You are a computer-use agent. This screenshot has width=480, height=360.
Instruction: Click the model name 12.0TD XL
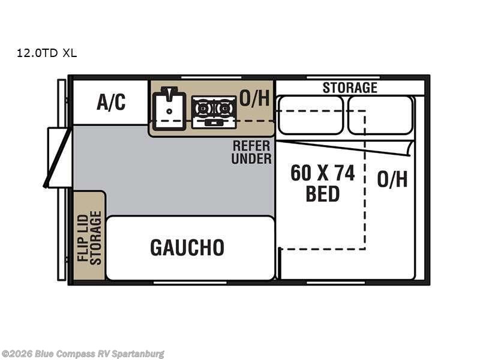pos(47,53)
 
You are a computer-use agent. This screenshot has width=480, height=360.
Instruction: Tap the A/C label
pos(111,102)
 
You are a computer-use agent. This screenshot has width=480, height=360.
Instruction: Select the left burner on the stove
pos(203,109)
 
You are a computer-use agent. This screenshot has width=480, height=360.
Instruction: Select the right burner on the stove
pos(224,109)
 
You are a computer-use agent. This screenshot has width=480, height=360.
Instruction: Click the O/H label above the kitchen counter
pos(254,98)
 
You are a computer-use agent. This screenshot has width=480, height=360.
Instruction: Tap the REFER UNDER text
pos(251,152)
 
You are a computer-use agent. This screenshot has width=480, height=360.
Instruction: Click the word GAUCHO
pos(187,247)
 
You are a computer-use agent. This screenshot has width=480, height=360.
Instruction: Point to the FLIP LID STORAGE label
pos(89,238)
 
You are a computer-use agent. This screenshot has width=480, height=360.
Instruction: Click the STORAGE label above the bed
pos(350,88)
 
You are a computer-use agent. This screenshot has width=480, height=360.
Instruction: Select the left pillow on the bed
pos(310,115)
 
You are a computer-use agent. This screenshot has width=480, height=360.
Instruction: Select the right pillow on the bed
pos(380,115)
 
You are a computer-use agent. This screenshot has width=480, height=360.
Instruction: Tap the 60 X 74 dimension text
pos(323,173)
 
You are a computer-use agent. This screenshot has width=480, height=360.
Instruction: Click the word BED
pos(323,193)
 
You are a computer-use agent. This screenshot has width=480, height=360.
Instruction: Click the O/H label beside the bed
pos(392,179)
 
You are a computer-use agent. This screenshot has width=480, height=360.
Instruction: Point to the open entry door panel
pos(57,158)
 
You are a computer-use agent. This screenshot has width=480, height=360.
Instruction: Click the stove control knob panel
pos(214,123)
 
